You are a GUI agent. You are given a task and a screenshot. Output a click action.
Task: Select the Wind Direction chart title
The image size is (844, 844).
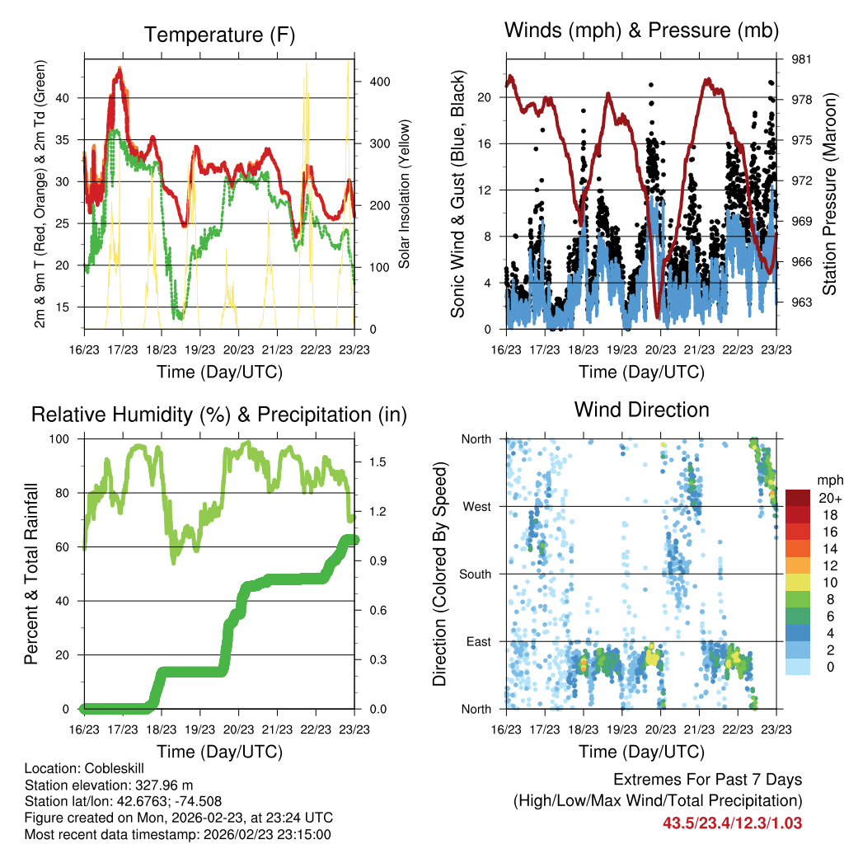tap(641, 410)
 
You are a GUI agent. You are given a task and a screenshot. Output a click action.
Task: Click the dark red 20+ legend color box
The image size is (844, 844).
tap(797, 498)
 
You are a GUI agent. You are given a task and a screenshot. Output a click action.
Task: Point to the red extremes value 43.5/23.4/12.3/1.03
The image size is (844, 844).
tap(732, 823)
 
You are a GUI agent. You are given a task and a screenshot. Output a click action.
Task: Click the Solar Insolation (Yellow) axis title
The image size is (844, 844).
tap(405, 195)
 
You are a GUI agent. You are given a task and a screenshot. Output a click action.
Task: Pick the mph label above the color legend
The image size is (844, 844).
tap(828, 480)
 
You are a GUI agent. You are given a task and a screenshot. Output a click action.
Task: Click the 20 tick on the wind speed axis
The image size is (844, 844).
tap(485, 97)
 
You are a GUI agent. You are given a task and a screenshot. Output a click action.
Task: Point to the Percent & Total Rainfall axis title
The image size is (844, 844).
tap(30, 574)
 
